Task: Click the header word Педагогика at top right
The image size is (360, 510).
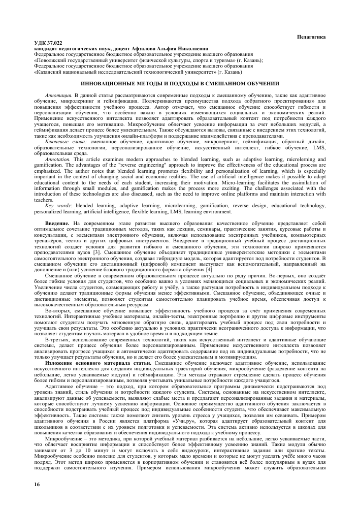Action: pyautogui.click(x=310, y=38)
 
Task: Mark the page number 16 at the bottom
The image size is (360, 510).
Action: pyautogui.click(x=37, y=486)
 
